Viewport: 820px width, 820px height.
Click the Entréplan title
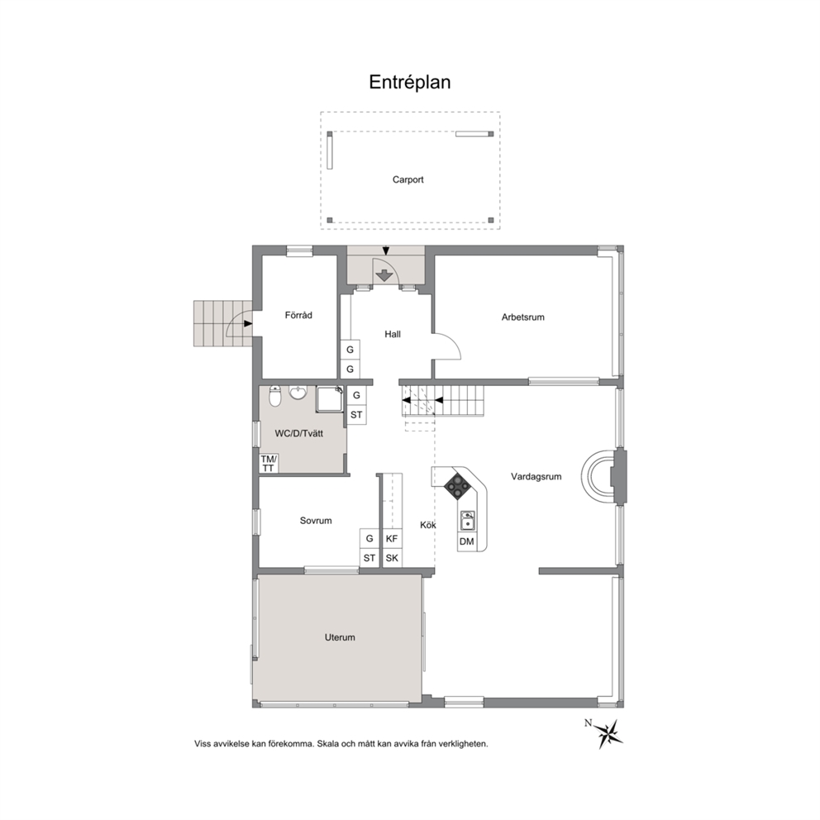pos(409,82)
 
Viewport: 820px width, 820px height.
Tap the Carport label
pos(408,179)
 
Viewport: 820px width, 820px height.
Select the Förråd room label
pos(298,315)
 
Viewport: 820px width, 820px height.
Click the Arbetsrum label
pos(522,317)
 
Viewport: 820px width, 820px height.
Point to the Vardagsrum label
pos(536,476)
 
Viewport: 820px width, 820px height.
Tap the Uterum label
pos(340,637)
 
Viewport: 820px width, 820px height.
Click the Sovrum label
pos(315,520)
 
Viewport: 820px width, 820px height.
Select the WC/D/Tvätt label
pos(298,433)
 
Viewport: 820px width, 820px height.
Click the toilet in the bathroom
pos(274,396)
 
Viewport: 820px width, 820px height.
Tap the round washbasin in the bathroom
pos(298,392)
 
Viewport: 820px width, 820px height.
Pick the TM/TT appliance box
pos(269,464)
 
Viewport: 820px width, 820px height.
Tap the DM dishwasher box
pos(466,541)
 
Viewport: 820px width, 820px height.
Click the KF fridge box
pos(392,539)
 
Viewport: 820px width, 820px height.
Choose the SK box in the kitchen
pos(392,558)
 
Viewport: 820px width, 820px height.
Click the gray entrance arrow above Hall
pos(385,275)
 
